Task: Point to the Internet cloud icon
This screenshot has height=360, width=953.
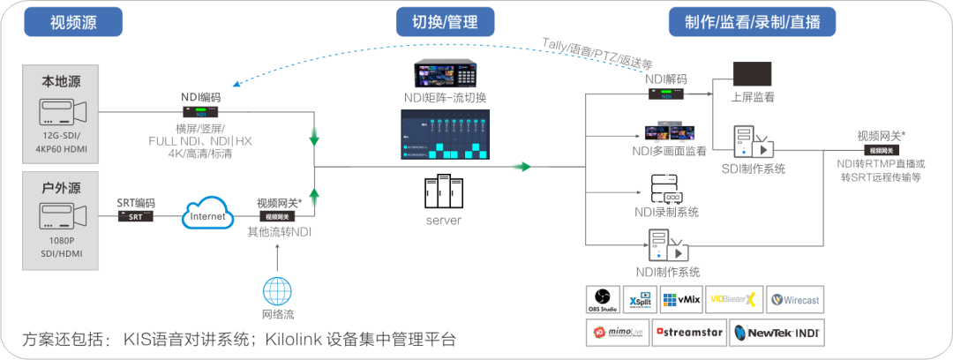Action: click(207, 213)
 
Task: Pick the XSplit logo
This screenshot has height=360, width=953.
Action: click(639, 299)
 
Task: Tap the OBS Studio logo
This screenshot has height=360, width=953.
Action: click(603, 299)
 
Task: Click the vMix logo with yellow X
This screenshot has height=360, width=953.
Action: click(733, 299)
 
